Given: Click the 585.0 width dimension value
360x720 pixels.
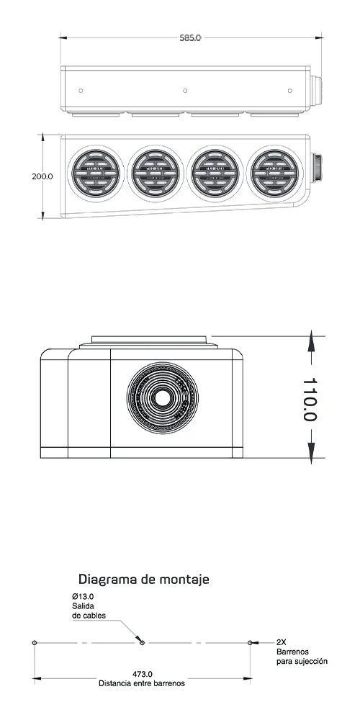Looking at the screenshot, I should click(190, 37).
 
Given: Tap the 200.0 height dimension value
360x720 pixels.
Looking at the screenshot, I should click(42, 176).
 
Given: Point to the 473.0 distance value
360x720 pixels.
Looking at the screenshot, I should click(142, 674).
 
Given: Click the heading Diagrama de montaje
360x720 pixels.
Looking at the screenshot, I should click(143, 579).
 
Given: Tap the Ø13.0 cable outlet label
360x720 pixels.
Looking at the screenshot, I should click(83, 597).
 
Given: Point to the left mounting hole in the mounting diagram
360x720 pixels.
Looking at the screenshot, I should click(35, 642).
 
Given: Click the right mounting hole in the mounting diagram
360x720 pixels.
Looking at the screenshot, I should click(250, 642).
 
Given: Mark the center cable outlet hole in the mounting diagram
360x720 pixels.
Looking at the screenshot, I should click(143, 642).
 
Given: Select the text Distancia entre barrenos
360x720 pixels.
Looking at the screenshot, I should click(142, 683).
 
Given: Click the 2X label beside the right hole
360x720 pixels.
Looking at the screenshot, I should click(282, 642).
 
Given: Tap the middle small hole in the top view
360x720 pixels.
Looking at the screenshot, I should click(186, 91).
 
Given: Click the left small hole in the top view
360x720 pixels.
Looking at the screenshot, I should click(81, 91).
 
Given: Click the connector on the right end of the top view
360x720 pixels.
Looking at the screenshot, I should click(316, 89).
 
